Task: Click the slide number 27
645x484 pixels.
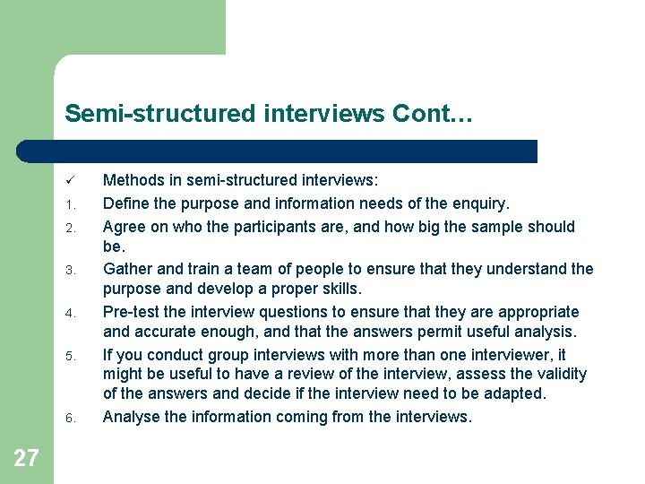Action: coord(26,459)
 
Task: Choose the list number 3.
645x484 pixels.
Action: coord(69,270)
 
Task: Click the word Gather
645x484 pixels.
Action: coord(128,269)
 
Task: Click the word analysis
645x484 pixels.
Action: coord(539,333)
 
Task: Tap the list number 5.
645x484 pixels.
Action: coord(69,356)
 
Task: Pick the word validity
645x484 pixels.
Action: coord(559,374)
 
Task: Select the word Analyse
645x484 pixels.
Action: coord(132,417)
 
